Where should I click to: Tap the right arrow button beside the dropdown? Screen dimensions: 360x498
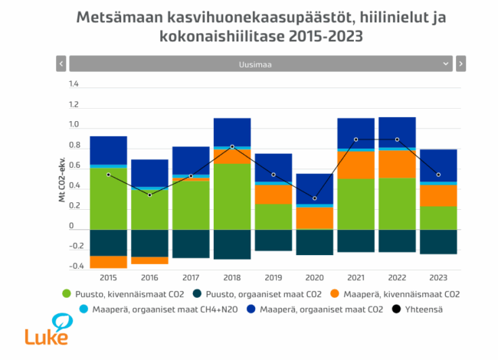pos(460,64)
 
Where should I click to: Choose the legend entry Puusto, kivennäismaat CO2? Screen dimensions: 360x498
pos(126,293)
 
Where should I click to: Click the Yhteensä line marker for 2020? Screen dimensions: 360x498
pos(314,198)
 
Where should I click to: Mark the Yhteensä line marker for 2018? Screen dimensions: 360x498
pos(231,146)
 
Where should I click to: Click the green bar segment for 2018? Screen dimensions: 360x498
pos(231,196)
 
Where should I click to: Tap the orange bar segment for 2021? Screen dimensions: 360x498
pos(355,165)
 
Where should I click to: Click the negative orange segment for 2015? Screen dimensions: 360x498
pos(108,262)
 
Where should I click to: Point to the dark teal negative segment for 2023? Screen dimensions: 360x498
pos(438,241)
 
